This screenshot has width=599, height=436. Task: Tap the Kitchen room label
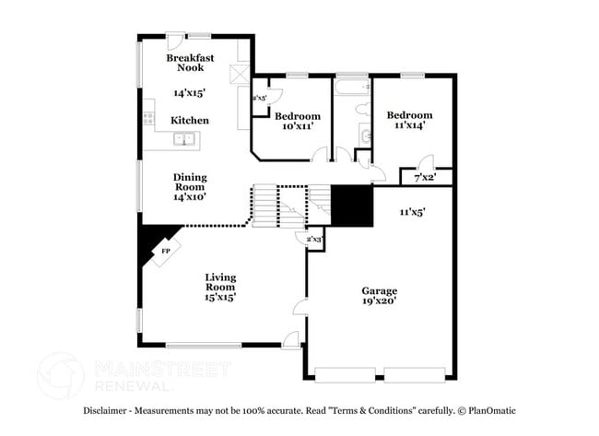point(190,121)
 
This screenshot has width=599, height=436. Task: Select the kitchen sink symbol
point(188,140)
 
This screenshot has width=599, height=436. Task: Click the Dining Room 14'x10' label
point(189,186)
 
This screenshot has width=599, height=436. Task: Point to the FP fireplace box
point(166,251)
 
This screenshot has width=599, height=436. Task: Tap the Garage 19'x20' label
point(379,296)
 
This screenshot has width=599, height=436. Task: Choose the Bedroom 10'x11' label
point(298,121)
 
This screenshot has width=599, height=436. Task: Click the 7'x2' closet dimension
point(425,176)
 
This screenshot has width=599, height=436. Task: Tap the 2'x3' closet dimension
point(314,240)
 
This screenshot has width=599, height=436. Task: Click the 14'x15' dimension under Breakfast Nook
point(189,92)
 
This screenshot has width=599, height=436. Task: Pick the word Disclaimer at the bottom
point(111,411)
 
